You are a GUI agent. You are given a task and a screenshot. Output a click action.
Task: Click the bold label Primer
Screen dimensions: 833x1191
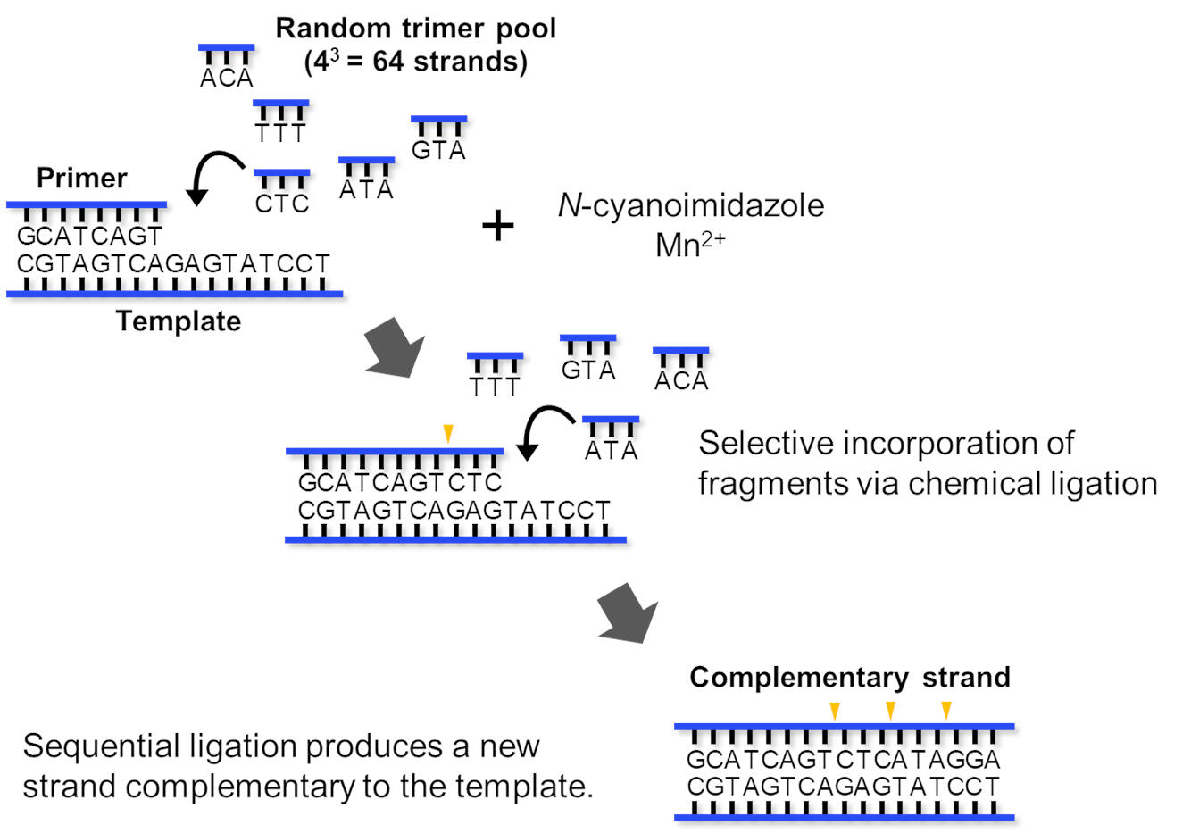pos(81,178)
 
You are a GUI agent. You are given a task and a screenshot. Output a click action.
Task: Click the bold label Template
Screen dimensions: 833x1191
pos(179,321)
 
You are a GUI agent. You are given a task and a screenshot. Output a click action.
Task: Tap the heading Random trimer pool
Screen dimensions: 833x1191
pos(415,28)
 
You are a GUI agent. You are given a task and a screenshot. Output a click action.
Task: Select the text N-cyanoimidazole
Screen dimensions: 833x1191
pos(690,205)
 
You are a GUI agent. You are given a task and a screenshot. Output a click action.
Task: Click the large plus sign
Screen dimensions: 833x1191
pos(497,226)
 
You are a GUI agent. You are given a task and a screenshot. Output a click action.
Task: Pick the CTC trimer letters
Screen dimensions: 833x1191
pos(281,204)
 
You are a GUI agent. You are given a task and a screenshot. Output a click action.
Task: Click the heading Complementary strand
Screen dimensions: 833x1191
pos(849,677)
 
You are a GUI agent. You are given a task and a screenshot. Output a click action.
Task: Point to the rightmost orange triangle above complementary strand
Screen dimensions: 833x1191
pos(946,711)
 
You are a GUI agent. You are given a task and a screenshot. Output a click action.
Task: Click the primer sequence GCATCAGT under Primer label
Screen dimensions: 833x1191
pos(89,237)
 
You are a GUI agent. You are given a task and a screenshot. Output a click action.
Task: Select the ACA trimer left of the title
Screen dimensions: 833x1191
pos(226,79)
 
